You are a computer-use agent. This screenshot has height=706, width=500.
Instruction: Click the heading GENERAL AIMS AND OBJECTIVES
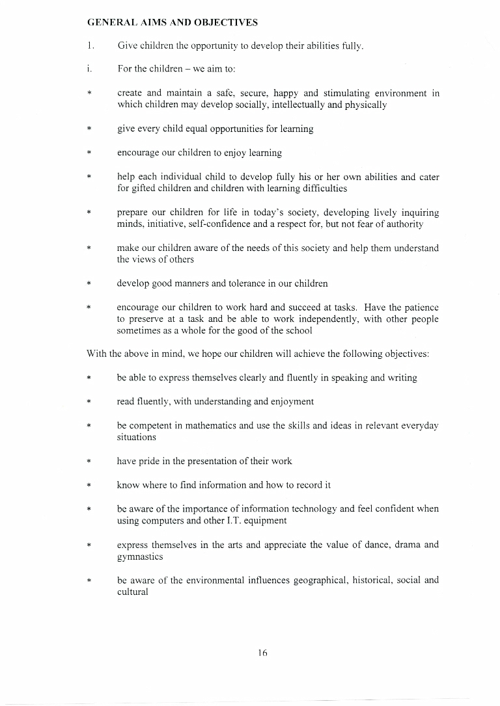point(172,23)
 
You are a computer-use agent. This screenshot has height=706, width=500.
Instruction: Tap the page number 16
point(262,653)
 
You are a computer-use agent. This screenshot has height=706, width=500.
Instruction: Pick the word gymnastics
point(140,557)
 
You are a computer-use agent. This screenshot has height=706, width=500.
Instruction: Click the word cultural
point(133,592)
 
